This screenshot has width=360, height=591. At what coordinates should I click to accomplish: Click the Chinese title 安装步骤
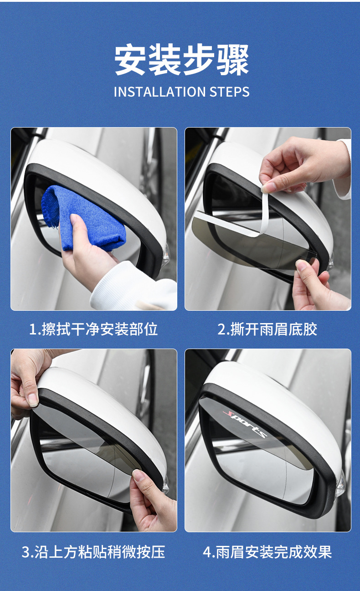(x=181, y=60)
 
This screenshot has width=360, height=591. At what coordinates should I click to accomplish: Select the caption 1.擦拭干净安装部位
(x=93, y=329)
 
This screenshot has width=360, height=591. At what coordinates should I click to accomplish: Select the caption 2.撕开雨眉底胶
(x=267, y=329)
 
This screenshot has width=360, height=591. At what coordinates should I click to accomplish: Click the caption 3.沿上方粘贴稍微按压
(x=93, y=552)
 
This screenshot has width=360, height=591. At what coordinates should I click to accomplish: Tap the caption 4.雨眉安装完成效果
(x=267, y=552)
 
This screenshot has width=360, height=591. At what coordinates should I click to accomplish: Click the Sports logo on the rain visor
(x=245, y=424)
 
